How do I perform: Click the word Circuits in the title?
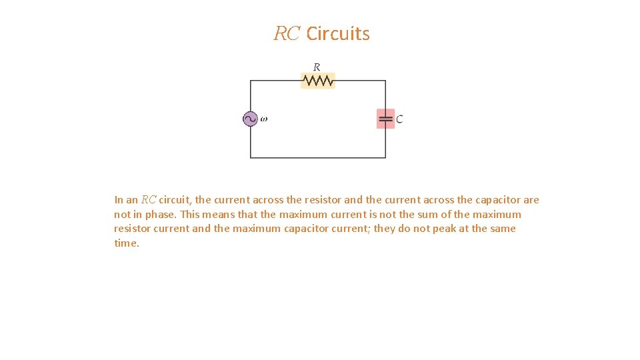(338, 33)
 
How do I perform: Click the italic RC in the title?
(287, 33)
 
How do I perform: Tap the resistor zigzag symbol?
(318, 81)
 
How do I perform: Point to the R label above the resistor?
(317, 67)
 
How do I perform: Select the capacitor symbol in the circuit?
(385, 119)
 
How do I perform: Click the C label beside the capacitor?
(399, 119)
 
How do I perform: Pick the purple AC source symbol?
(250, 119)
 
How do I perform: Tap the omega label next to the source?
(263, 119)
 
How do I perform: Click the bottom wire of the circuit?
(318, 157)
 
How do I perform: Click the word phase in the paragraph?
(161, 215)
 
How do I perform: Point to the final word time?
(126, 243)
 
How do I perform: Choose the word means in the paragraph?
(220, 215)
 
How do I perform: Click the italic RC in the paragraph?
(149, 200)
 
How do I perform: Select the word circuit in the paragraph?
(175, 200)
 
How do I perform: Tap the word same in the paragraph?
(502, 229)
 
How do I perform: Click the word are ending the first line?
(531, 200)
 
